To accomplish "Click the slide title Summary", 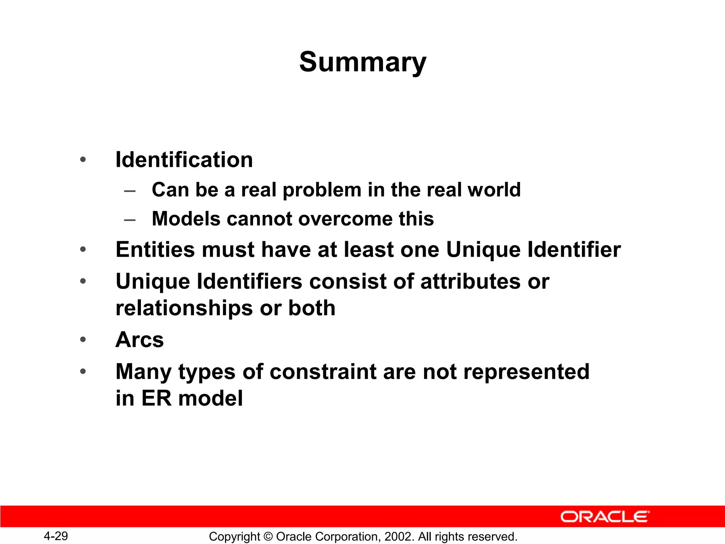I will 362,62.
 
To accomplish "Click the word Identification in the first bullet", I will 184,160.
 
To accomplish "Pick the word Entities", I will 155,249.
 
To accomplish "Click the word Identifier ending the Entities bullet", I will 574,249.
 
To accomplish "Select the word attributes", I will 470,282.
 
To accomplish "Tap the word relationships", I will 184,308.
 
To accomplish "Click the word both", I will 312,308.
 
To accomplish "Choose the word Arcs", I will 140,340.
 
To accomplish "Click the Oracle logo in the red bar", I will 605,517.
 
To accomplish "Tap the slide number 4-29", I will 56,536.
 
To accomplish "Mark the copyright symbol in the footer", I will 268,537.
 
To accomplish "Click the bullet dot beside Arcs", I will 83,340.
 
